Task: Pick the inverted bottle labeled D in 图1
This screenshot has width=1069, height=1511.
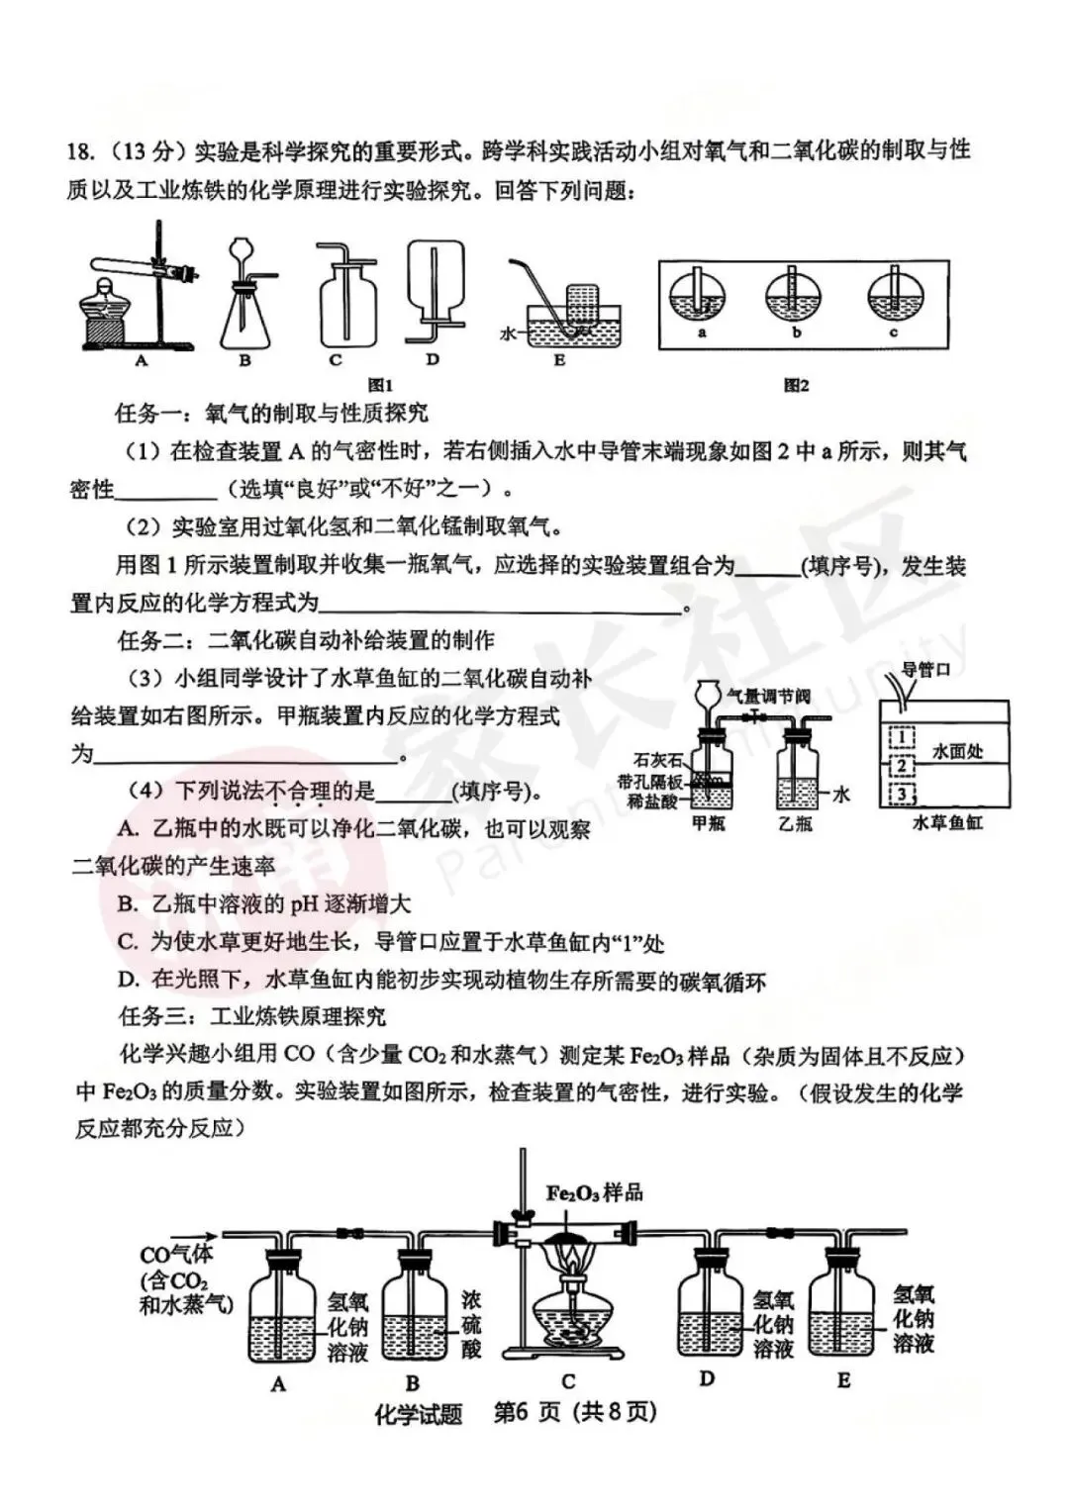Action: (435, 282)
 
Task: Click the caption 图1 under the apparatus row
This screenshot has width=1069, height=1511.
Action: (381, 386)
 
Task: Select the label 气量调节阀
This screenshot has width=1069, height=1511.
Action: (768, 696)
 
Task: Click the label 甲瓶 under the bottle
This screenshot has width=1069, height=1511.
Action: (709, 823)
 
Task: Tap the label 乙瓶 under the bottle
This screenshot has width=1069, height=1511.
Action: (795, 823)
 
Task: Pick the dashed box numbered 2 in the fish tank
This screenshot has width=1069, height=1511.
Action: (902, 766)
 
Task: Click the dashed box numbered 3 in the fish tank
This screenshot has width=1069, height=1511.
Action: (902, 794)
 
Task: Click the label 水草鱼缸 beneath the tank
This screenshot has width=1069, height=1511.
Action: (947, 823)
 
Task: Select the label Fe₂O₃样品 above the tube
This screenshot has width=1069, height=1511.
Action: (594, 1192)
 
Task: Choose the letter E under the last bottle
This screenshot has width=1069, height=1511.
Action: (843, 1380)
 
